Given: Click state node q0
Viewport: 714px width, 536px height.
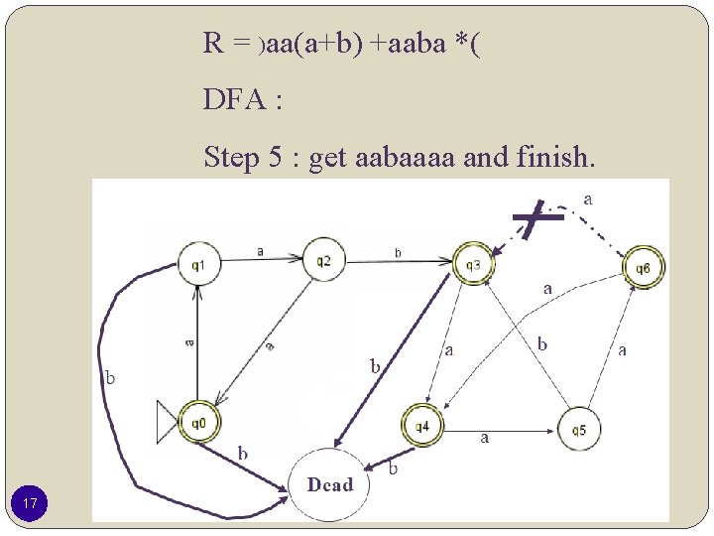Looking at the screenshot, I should [x=198, y=423].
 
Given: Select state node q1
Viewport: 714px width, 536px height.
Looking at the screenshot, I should [x=198, y=265].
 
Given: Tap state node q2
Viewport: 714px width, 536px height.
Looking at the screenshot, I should [x=323, y=261].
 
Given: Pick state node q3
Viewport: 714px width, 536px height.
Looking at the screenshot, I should [x=472, y=264].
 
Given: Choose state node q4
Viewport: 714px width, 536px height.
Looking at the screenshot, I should [x=422, y=426].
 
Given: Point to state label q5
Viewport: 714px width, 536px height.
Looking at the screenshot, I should [x=579, y=430].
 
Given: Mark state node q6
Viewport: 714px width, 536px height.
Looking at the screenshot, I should [x=644, y=267].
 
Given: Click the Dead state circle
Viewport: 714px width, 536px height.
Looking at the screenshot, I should [x=329, y=484].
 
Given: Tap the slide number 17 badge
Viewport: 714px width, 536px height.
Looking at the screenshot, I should [x=31, y=505].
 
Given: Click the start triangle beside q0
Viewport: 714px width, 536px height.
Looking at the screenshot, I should [x=168, y=423].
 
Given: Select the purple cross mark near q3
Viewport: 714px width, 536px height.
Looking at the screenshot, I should [x=533, y=218].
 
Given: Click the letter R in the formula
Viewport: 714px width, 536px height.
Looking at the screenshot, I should [x=212, y=43].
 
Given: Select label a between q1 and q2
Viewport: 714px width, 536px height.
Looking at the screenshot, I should [x=260, y=252].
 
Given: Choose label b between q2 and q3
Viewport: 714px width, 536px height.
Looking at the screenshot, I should [x=398, y=253].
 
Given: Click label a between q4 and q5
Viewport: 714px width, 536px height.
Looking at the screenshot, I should [x=485, y=438].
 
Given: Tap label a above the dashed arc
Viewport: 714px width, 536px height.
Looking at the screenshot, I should [x=589, y=200].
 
